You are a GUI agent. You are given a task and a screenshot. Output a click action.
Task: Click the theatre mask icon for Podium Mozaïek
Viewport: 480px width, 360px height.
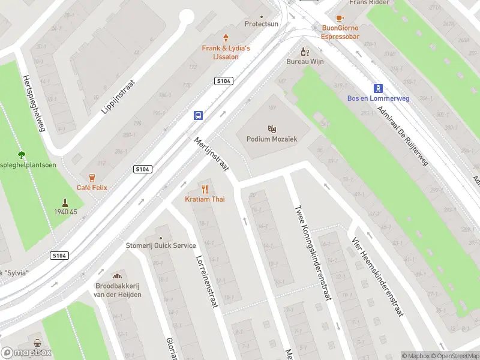[x=272, y=128]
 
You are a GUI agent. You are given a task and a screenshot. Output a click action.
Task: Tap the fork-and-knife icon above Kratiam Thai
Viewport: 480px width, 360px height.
[x=205, y=189]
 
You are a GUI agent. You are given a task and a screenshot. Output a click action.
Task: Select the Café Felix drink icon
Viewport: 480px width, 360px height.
[x=92, y=178]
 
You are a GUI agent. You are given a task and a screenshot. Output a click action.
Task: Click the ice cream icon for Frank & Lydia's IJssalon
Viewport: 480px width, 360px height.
[x=226, y=38]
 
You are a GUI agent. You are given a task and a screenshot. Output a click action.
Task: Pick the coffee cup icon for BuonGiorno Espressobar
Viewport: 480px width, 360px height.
[x=340, y=19]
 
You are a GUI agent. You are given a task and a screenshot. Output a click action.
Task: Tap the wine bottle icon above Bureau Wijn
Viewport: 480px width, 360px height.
[x=305, y=52]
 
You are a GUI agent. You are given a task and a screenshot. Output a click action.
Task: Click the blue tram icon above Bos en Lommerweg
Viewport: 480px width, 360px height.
[x=378, y=88]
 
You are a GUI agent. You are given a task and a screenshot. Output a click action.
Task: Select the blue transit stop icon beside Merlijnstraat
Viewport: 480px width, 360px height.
[x=197, y=115]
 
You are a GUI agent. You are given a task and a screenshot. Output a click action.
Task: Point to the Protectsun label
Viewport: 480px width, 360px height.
[x=262, y=24]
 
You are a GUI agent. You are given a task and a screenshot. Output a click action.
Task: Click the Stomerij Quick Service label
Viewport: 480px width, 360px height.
[x=160, y=245]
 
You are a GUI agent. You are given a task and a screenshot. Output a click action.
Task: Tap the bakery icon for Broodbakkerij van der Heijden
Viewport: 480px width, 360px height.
[x=118, y=275]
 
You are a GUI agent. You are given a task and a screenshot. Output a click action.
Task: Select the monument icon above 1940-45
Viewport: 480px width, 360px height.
[x=64, y=202]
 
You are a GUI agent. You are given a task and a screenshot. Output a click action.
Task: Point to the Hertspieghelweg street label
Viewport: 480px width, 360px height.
[x=34, y=103]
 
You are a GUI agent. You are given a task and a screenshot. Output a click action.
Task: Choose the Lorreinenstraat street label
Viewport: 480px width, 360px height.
[x=205, y=282]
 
